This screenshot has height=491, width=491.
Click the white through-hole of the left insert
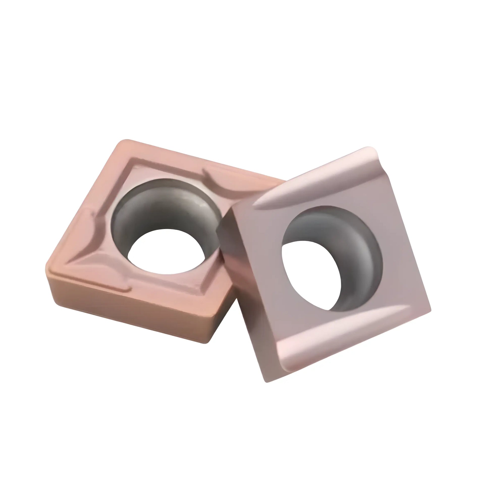[x=165, y=252]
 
